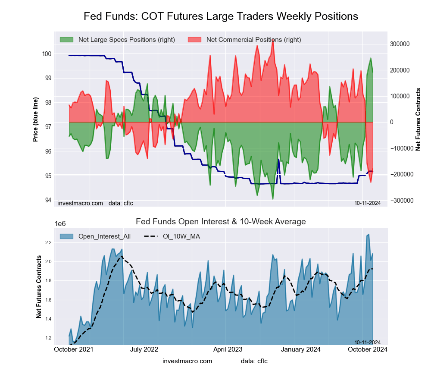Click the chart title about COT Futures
(221, 16)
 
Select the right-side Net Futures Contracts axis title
(418, 119)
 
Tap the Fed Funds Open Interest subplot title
(221, 222)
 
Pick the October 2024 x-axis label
(367, 349)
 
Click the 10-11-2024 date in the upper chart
(367, 203)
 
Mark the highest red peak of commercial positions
(273, 40)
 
